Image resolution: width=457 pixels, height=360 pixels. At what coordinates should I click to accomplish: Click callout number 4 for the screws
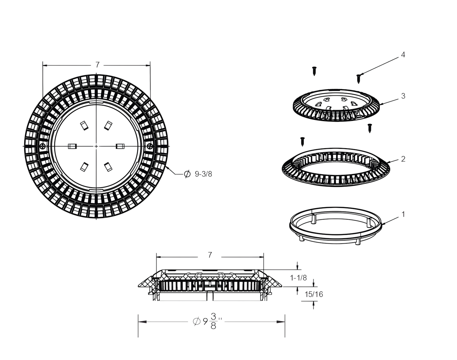point(403,55)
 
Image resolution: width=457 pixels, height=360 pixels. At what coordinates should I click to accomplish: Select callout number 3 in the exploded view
point(403,96)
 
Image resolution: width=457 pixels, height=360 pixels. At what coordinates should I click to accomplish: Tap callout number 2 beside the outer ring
point(403,159)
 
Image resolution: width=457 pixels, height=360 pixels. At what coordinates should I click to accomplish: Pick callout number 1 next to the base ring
point(403,214)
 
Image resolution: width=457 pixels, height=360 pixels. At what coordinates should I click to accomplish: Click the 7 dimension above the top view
point(97,65)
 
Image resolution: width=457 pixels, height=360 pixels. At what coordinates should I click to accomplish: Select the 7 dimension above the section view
point(210,255)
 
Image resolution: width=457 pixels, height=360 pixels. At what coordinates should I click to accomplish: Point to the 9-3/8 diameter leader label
point(199,174)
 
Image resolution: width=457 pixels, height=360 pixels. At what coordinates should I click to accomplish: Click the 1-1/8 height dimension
point(298,278)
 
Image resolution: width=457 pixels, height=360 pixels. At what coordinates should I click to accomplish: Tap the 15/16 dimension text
point(314,294)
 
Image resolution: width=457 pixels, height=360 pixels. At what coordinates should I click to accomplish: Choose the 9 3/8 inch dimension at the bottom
point(207,321)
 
